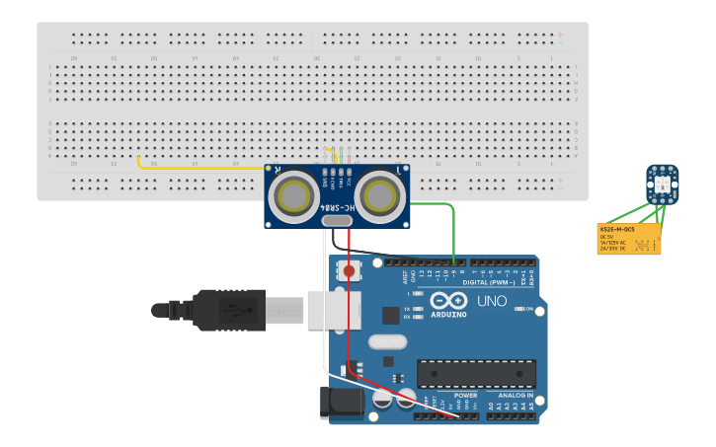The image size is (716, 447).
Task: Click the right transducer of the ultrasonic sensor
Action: tap(379, 195)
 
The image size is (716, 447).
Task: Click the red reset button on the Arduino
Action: tap(349, 270)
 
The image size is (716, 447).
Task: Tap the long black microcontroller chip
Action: tap(476, 373)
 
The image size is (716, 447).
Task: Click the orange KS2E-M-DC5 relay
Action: tap(629, 239)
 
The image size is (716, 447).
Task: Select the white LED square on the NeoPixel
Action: tap(662, 180)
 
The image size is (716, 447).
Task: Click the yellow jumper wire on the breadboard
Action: tap(198, 168)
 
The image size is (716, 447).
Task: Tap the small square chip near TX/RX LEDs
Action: tap(391, 316)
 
